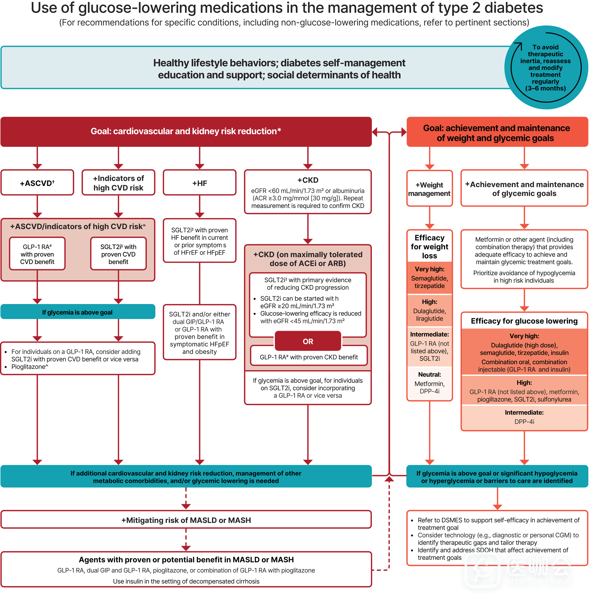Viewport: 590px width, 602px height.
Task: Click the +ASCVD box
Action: [37, 183]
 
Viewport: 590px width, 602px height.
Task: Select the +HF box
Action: [200, 183]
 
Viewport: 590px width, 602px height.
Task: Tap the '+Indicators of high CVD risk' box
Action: [118, 183]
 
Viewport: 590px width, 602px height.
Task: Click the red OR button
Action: [308, 341]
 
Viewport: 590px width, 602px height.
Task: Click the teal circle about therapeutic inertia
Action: [546, 68]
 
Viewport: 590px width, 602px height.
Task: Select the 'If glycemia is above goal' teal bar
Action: [78, 312]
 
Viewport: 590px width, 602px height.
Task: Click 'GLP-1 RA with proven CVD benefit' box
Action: [37, 254]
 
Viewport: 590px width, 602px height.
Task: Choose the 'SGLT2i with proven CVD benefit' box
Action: [118, 254]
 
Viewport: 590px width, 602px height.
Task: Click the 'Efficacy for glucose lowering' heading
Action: [524, 321]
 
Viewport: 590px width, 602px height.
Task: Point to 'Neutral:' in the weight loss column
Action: [429, 375]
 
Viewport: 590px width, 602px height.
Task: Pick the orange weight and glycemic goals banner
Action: [496, 133]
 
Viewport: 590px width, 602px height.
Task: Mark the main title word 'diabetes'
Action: [514, 8]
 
